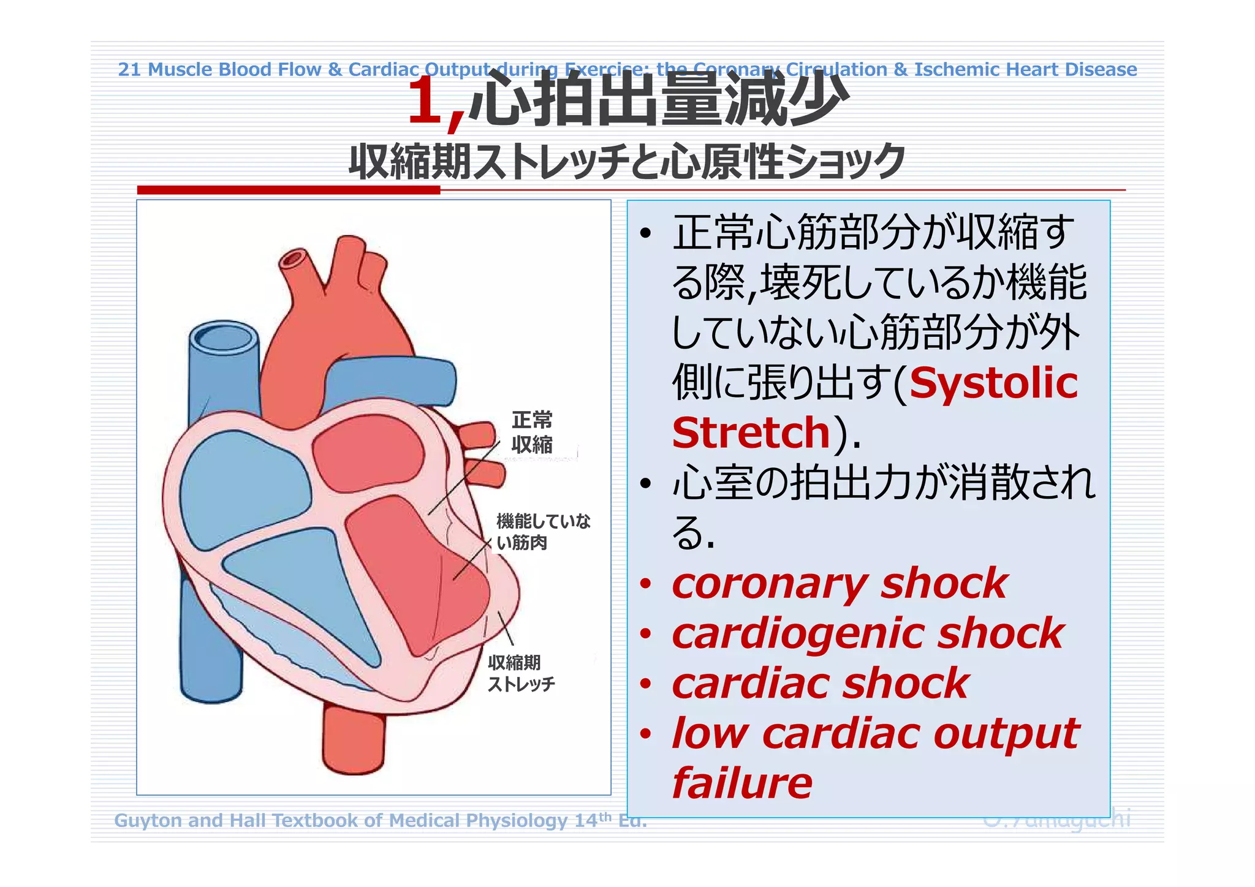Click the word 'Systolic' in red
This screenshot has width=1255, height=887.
tap(993, 383)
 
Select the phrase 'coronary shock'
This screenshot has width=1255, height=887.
tap(840, 583)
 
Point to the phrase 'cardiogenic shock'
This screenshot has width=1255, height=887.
tap(868, 633)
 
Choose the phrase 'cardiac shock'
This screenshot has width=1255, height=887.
tap(820, 684)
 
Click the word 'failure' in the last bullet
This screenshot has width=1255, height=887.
tap(742, 783)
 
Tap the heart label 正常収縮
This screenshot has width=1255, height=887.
tap(532, 432)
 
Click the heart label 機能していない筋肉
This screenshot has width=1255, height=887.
tap(542, 532)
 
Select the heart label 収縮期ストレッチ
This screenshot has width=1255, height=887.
tap(521, 673)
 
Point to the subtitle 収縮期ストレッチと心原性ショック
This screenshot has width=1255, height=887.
tap(626, 162)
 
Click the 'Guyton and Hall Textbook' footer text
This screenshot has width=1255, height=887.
tap(380, 820)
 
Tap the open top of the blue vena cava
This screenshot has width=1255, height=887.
tap(223, 338)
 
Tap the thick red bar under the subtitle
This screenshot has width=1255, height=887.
tap(288, 190)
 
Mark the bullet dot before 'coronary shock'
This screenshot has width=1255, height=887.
tap(645, 584)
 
